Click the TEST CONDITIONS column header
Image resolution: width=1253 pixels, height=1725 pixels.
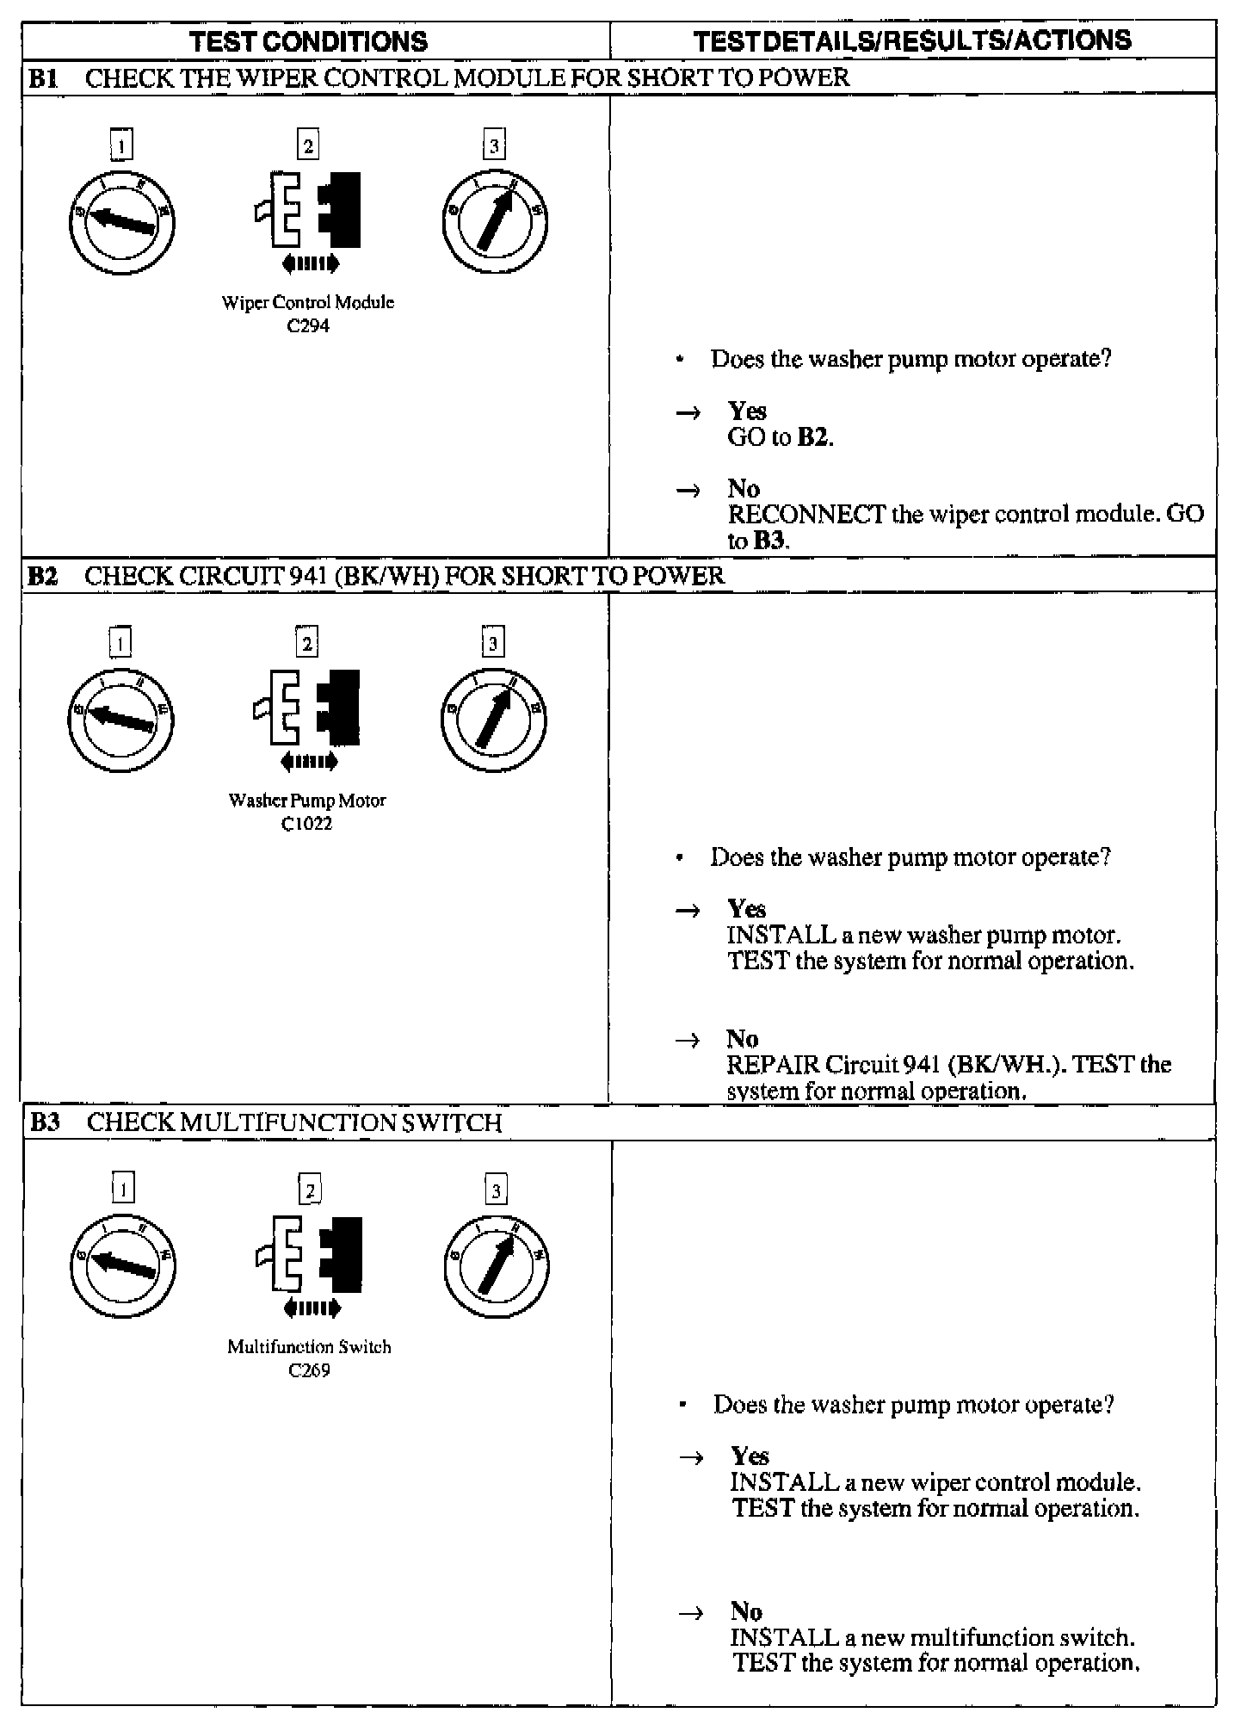point(308,41)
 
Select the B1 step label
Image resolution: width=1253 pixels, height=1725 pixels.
point(43,77)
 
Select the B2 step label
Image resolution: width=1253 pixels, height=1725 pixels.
point(43,575)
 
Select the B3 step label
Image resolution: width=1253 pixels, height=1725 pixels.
point(45,1122)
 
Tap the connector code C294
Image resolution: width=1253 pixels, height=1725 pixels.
point(308,325)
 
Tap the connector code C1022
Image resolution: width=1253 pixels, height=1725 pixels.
point(307,823)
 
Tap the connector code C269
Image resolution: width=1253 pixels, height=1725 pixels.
point(309,1370)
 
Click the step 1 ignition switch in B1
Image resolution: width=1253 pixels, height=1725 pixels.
point(122,222)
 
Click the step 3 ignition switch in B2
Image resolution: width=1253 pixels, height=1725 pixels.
point(494,720)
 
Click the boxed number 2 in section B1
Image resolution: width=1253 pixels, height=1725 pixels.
point(307,145)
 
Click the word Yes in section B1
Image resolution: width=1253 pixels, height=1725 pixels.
point(747,411)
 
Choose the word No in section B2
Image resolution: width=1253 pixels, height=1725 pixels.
point(742,1038)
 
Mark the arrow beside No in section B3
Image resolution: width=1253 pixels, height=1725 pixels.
point(693,1613)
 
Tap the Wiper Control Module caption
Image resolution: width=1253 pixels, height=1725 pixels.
point(307,302)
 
